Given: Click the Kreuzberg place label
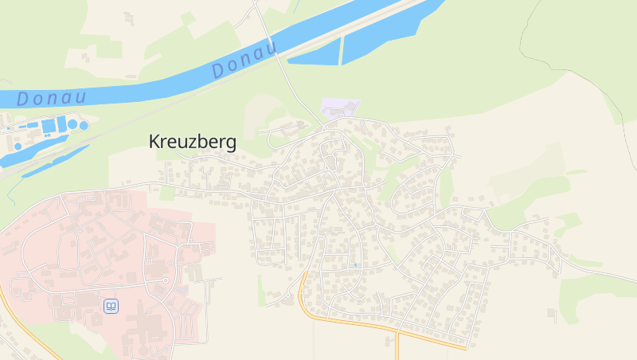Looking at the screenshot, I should click(x=193, y=142).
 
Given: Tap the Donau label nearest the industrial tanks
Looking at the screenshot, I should click(x=51, y=99).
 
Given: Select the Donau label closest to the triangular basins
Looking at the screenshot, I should click(x=244, y=59).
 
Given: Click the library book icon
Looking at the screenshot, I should click(x=111, y=306).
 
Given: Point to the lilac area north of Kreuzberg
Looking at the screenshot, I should click(x=340, y=109).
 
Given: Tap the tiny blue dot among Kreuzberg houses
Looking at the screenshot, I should click(x=354, y=264).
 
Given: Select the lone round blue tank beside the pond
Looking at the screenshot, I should click(x=18, y=147).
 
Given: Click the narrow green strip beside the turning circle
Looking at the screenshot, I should click(x=261, y=291).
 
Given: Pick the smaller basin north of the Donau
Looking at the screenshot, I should click(x=315, y=54).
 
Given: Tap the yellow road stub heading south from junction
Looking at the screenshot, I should click(x=397, y=346).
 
